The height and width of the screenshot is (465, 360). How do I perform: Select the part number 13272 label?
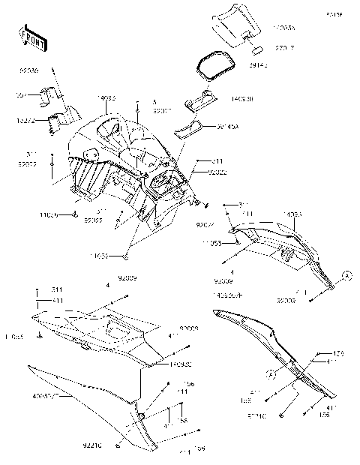point(25,119)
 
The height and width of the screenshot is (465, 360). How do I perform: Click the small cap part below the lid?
point(254,52)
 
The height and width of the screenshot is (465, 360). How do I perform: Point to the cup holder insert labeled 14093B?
point(201,101)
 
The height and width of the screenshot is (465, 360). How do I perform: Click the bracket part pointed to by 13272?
point(58,118)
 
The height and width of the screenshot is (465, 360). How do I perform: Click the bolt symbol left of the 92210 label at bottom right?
point(281,414)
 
